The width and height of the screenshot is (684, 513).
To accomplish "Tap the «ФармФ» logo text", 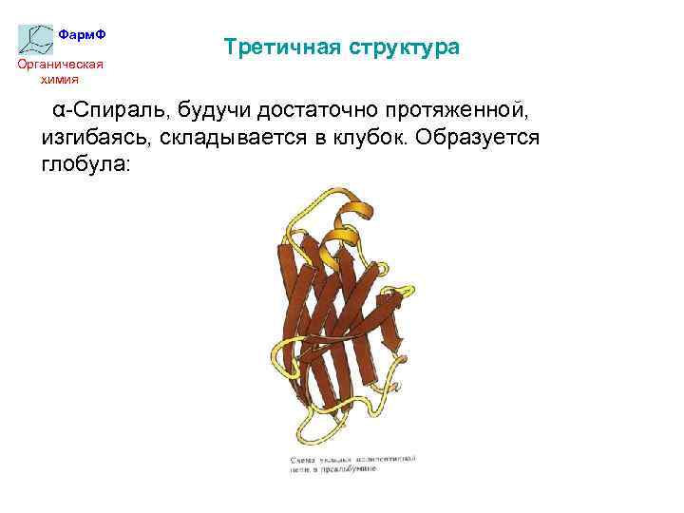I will click(82, 34).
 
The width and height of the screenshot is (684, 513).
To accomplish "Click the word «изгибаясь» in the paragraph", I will click(93, 137).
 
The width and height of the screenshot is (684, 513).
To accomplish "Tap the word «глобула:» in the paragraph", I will click(85, 164).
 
